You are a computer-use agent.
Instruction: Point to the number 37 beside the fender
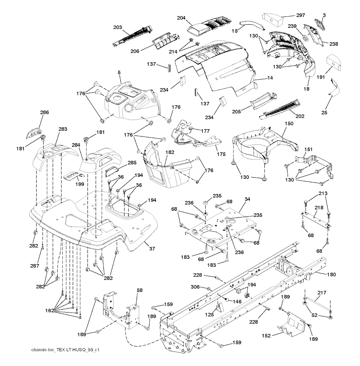click(152, 248)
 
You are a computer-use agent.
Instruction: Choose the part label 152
click(266, 336)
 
